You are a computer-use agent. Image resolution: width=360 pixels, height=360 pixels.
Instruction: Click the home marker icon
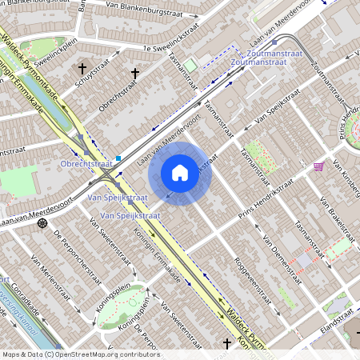(180, 172)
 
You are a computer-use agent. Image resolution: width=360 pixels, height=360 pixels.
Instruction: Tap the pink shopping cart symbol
(318, 166)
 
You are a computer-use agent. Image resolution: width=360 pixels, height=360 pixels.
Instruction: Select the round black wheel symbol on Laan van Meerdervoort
(42, 224)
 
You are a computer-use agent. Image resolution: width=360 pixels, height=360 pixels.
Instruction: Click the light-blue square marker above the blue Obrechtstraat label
(119, 158)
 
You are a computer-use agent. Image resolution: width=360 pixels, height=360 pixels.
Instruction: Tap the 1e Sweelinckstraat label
(167, 49)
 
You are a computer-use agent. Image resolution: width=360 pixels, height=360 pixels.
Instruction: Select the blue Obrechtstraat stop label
(86, 164)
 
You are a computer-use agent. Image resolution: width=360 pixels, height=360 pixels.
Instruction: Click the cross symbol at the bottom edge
(226, 344)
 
